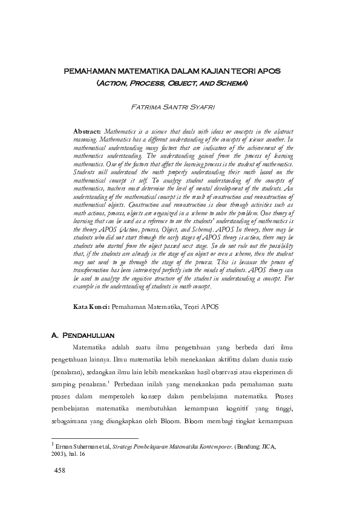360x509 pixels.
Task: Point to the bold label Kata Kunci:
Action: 91,307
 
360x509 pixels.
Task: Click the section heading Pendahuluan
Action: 89,334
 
